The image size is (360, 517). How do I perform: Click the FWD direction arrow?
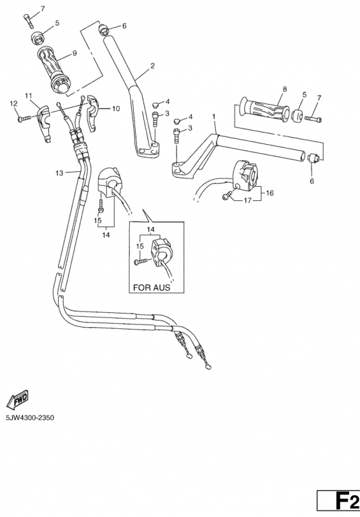(x=17, y=400)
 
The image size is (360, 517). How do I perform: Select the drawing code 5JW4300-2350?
(x=30, y=417)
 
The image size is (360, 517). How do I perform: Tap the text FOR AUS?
(x=152, y=288)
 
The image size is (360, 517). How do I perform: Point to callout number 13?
(x=59, y=173)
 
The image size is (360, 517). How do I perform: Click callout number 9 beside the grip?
(x=74, y=53)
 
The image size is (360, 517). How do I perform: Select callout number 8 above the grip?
(x=285, y=89)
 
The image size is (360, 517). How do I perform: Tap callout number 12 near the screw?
(x=14, y=103)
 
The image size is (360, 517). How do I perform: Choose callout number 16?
(x=270, y=193)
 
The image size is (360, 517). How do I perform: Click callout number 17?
(x=248, y=200)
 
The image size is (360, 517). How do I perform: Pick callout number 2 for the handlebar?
(x=153, y=66)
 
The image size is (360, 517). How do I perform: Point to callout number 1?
(x=214, y=116)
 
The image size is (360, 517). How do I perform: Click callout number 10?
(x=116, y=109)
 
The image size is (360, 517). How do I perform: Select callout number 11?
(x=28, y=96)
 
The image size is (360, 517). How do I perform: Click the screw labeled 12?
(x=25, y=118)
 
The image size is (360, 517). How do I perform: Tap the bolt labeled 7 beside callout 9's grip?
(x=28, y=21)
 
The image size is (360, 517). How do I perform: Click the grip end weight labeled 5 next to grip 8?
(x=298, y=116)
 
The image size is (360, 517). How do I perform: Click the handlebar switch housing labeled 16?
(x=246, y=175)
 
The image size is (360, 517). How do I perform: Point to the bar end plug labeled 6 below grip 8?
(x=313, y=158)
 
